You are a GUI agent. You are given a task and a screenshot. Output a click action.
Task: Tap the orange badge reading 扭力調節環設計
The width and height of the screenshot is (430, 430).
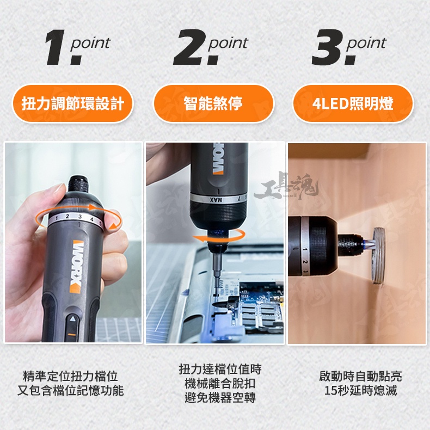[x=73, y=103]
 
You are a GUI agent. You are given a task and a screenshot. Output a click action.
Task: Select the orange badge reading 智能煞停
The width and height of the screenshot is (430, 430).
[x=213, y=103]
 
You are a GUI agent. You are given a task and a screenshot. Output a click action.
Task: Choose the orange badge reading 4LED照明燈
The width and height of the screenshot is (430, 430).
[x=353, y=103]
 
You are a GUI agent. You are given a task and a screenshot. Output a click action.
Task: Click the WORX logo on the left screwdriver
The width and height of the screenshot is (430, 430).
[x=76, y=267]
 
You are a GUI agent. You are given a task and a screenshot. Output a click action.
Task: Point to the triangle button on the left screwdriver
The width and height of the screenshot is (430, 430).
[x=72, y=318]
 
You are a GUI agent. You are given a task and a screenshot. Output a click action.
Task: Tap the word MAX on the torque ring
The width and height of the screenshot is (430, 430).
[x=216, y=200]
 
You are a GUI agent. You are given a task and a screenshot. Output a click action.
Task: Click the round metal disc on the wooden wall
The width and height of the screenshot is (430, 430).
[x=378, y=257]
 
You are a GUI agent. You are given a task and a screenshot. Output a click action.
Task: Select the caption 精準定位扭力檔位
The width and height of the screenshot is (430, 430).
[x=70, y=376]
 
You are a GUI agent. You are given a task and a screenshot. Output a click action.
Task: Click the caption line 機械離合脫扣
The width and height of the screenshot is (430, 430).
[x=220, y=383]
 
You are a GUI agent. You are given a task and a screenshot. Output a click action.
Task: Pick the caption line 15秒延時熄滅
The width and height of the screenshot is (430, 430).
[x=360, y=390]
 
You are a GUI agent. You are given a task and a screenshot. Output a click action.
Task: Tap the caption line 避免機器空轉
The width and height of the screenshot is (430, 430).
[x=220, y=397]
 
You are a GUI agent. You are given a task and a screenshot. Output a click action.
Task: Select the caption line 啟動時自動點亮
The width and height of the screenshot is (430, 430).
[x=360, y=376]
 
